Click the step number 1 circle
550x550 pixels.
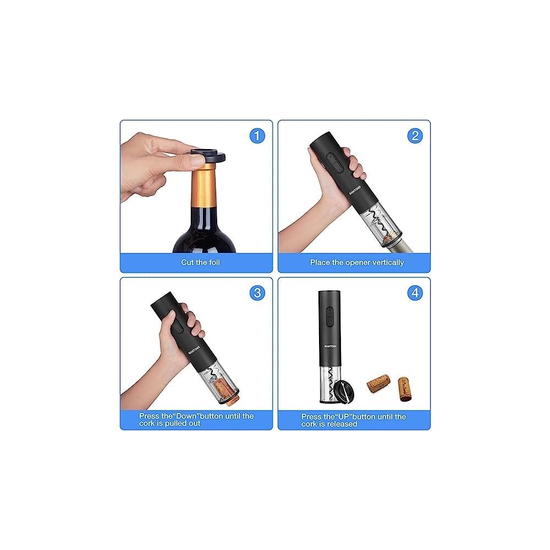point(257,136)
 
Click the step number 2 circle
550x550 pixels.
point(415,136)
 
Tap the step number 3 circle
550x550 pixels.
point(257,293)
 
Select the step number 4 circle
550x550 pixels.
point(415,293)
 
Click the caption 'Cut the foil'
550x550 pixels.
point(200,262)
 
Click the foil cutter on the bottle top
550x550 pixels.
point(208,156)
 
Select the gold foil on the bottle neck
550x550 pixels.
point(204,186)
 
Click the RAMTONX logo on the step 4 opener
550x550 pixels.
point(330,346)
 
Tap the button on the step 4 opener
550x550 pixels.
point(329,316)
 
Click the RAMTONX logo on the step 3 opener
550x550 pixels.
point(194,349)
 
